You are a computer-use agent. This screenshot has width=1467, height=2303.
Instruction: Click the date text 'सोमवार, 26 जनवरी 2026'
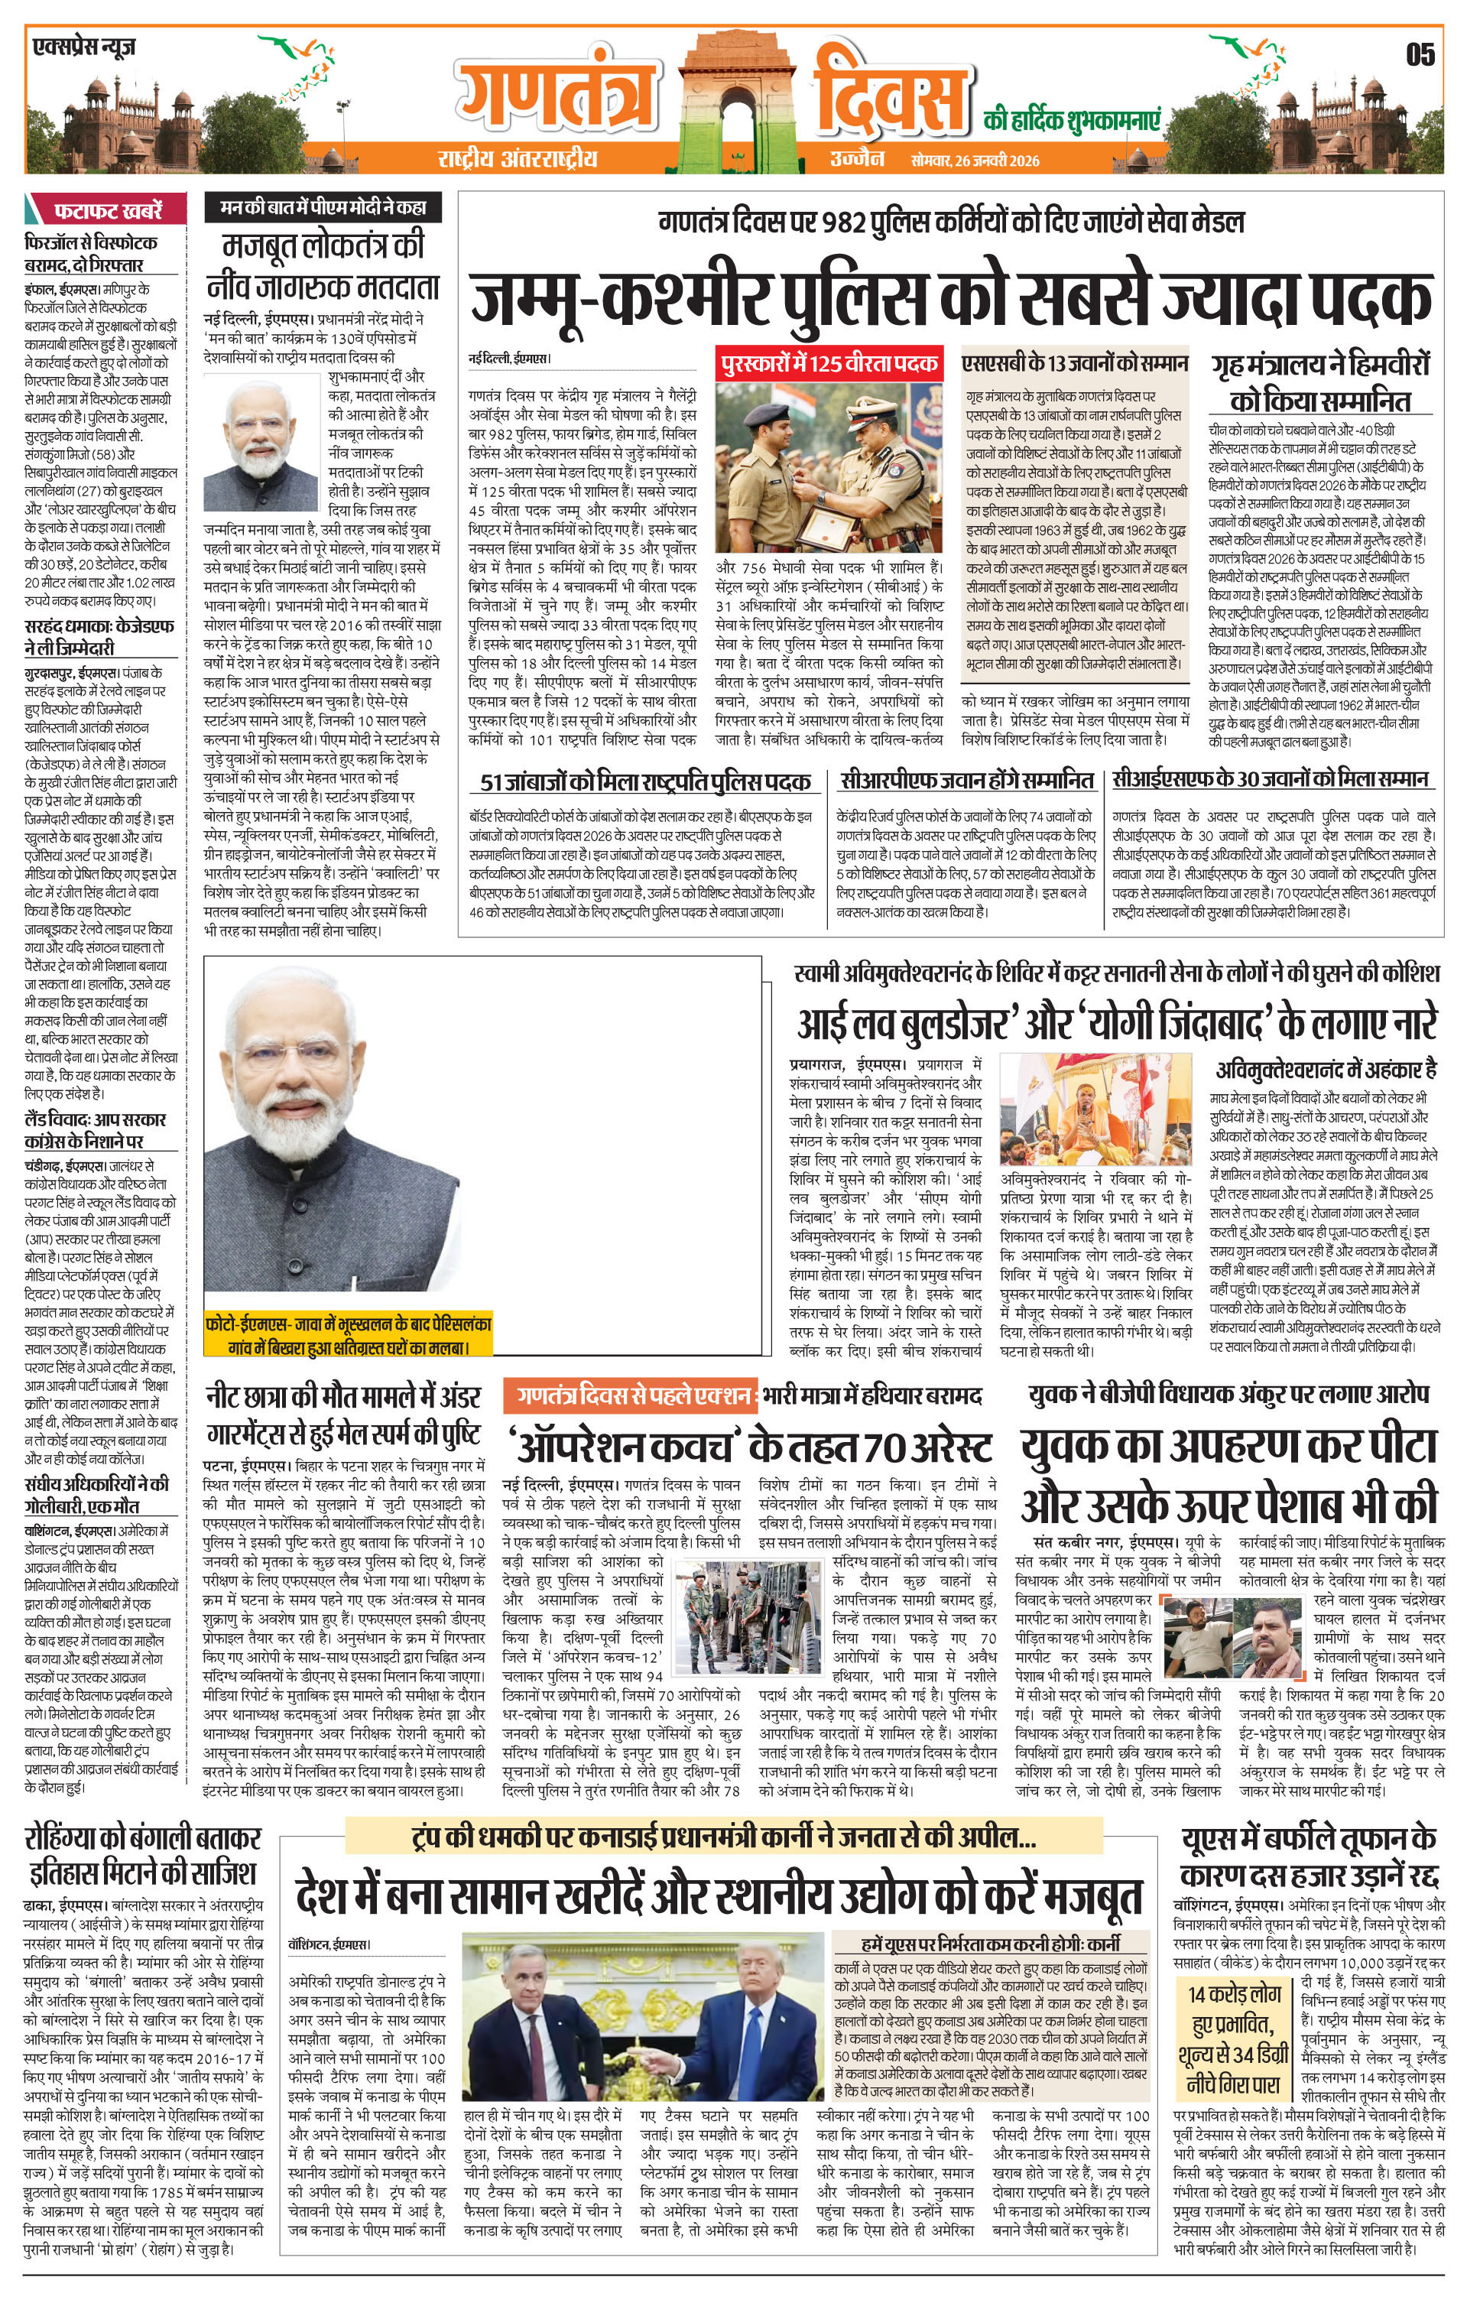pyautogui.click(x=975, y=160)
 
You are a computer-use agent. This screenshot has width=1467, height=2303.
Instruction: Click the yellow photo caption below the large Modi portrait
pyautogui.click(x=348, y=1337)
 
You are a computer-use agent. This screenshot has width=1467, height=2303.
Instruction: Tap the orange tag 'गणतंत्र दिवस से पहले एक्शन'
pyautogui.click(x=632, y=1396)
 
